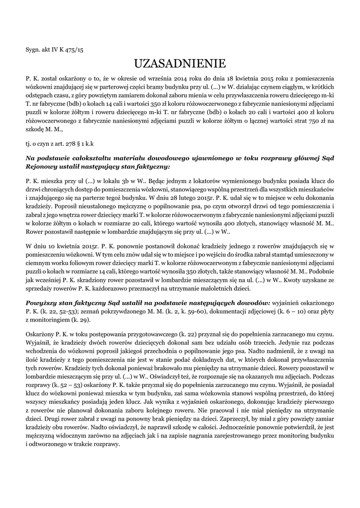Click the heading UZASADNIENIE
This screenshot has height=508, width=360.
[x=180, y=63]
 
